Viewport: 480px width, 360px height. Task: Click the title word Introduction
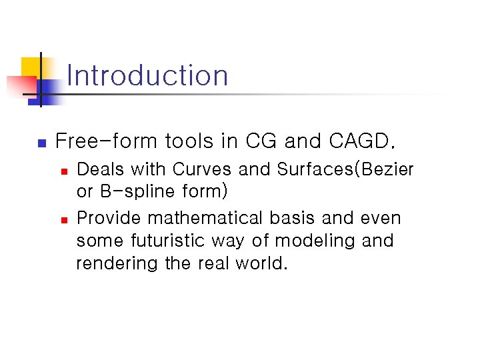(147, 75)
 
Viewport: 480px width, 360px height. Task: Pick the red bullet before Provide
(64, 219)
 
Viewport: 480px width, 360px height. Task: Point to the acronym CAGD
(363, 141)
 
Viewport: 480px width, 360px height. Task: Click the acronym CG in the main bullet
(262, 141)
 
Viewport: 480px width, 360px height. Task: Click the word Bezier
(389, 170)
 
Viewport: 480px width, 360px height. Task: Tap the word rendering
(117, 264)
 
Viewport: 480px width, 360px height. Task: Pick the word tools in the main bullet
(189, 141)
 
